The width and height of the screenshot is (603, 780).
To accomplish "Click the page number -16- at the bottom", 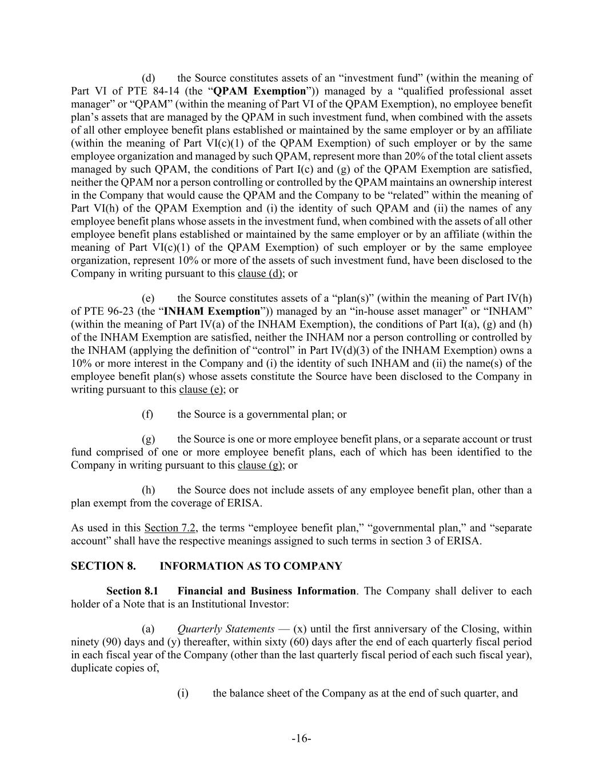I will (x=301, y=739).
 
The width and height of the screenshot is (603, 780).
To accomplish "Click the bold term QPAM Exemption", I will (x=259, y=91).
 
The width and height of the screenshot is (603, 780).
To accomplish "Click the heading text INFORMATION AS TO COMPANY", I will (x=250, y=566).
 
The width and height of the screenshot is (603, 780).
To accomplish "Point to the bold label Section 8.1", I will (x=132, y=591).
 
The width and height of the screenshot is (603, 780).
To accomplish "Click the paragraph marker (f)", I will (x=148, y=414).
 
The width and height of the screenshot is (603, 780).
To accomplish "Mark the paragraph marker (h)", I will (x=148, y=490).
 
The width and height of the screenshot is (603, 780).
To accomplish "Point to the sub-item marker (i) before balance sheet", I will (x=183, y=694).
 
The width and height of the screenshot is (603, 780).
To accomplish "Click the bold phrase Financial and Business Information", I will (x=266, y=591).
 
